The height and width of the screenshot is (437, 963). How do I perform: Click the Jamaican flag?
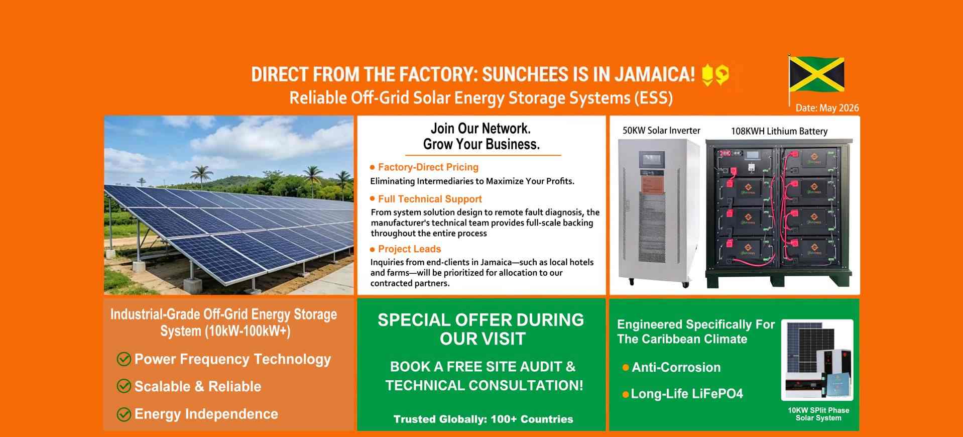pos(817,75)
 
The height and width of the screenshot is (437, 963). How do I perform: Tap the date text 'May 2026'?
pos(838,108)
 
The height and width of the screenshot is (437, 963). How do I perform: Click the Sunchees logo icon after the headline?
pos(715,75)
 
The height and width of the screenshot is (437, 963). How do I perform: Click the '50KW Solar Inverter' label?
pos(661,131)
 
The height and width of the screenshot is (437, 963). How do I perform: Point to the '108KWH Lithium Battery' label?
pos(779,131)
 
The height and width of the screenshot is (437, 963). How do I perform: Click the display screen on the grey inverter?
pos(651,160)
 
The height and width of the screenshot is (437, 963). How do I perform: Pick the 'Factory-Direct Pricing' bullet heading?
pos(428,167)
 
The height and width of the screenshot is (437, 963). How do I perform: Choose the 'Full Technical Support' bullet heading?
pos(430,199)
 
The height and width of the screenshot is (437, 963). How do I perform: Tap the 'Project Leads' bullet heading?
pos(409,249)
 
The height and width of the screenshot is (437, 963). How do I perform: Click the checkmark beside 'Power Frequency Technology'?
pos(124,359)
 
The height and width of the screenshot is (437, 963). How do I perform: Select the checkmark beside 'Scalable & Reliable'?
pos(124,386)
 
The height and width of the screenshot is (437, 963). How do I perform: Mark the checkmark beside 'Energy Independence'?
pos(124,414)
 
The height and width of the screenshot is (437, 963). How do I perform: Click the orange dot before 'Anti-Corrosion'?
pos(626,368)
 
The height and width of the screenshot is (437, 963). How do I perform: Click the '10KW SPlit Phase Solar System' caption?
pos(818,414)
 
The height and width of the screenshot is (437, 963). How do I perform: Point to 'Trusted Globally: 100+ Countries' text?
pos(483,419)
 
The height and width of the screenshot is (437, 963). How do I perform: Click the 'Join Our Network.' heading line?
pos(480,129)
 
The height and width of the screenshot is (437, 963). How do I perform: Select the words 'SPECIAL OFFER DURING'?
pos(480,320)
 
